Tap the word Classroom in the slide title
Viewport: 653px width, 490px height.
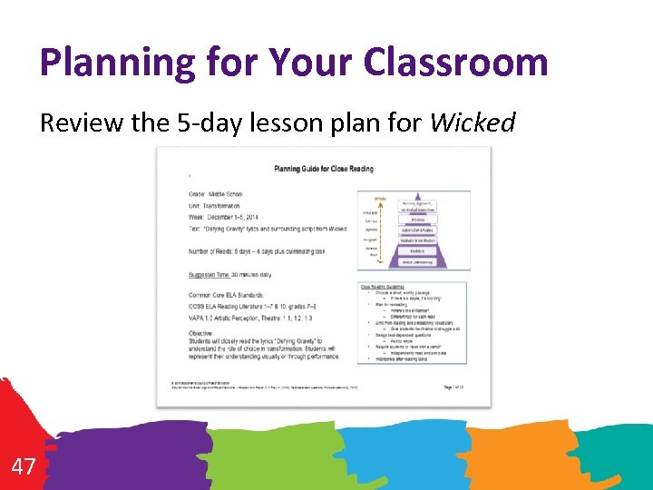[455, 62]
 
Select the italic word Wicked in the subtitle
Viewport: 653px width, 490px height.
[473, 122]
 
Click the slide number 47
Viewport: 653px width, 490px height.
[24, 467]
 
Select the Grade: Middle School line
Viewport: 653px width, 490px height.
[215, 194]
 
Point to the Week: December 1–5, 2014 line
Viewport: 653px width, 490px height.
[225, 216]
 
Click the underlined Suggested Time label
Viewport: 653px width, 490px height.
[208, 274]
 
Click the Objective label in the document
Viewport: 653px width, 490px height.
[200, 333]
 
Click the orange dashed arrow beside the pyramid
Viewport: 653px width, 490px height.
[381, 231]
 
